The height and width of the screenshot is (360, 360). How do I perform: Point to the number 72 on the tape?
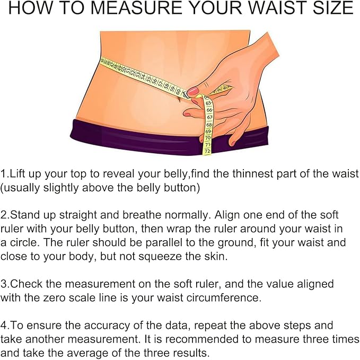point(207,151)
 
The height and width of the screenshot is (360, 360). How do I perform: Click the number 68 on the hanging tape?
point(209,124)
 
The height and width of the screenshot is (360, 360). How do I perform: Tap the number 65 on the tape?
point(209,103)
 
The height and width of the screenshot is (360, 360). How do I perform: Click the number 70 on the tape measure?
point(208,137)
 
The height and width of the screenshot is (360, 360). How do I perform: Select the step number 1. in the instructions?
point(4,174)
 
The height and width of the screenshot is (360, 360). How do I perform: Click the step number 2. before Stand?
point(5,215)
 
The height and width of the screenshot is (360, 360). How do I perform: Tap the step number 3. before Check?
point(5,284)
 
